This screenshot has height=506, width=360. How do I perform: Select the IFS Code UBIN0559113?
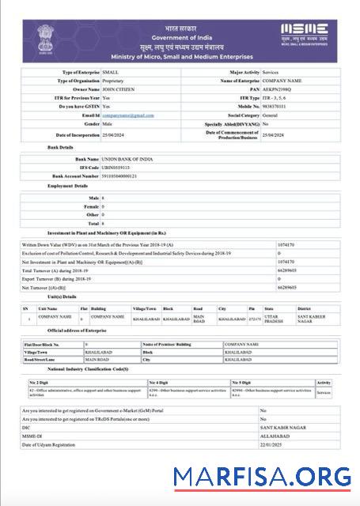(119, 168)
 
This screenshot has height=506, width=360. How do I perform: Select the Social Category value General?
(271, 115)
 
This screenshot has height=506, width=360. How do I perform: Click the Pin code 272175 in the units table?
(254, 319)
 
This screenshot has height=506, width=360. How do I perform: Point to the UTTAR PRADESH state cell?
(274, 319)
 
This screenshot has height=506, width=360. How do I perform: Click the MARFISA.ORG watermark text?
(262, 476)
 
